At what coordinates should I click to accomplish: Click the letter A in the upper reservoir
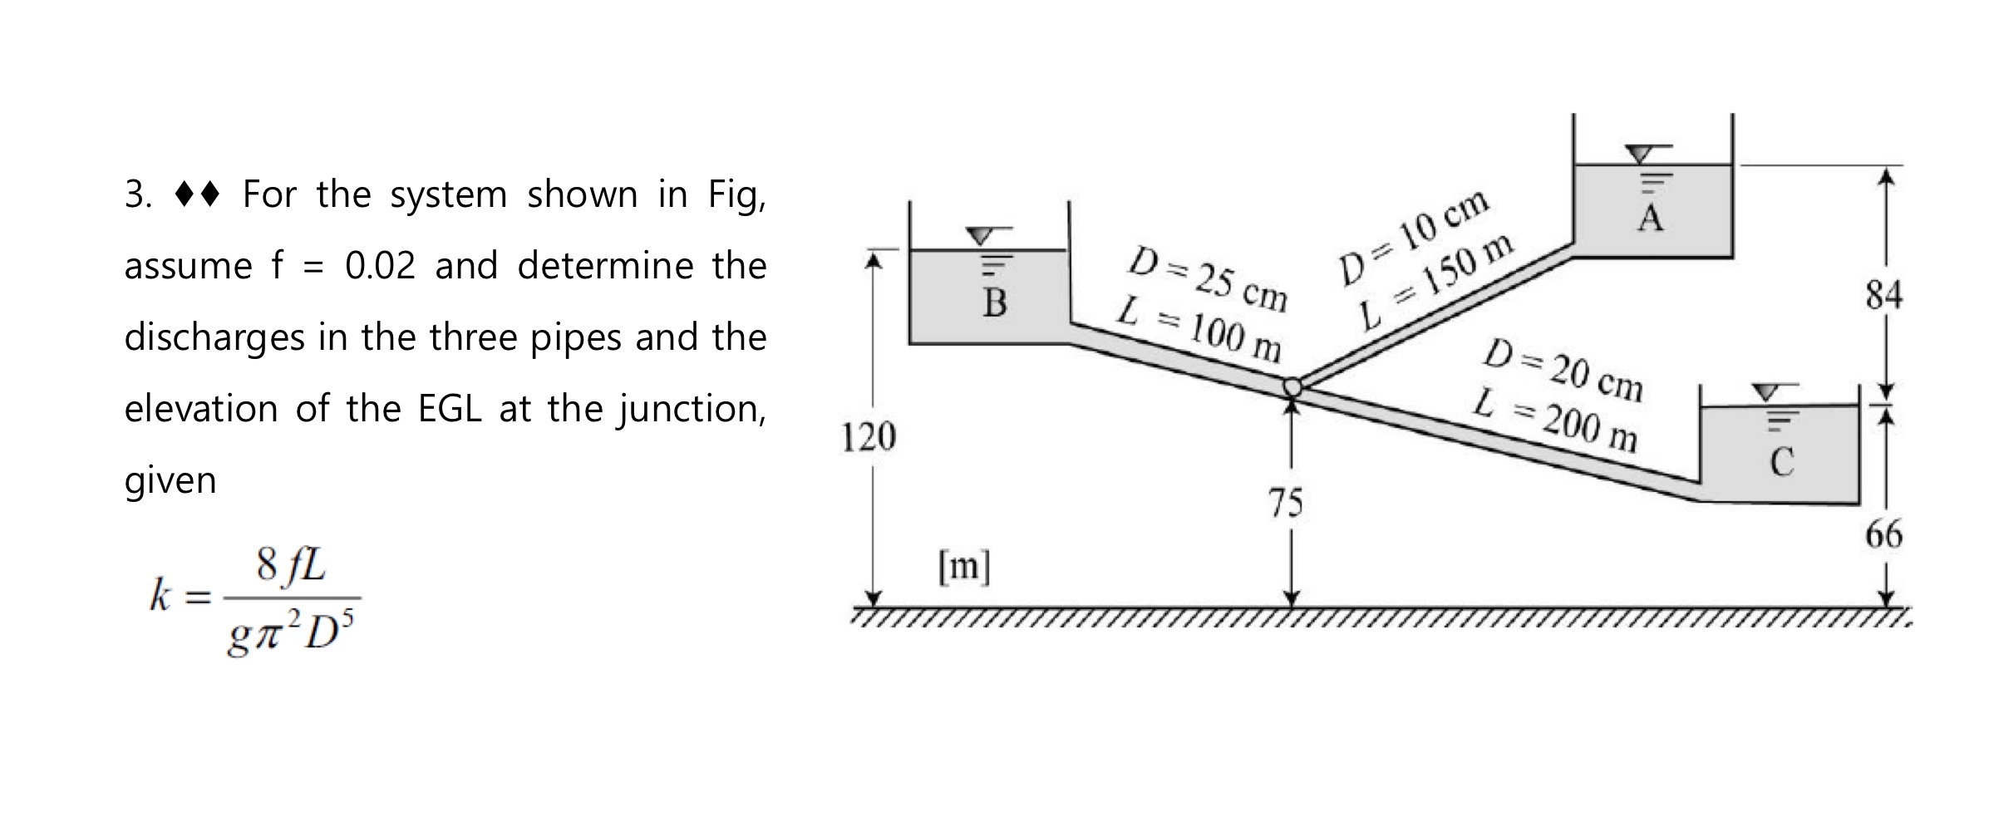[1650, 219]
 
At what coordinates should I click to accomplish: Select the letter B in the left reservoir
[994, 303]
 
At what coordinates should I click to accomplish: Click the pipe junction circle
[1292, 386]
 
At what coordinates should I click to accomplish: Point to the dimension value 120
[869, 437]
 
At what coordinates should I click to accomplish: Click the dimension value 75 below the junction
[1286, 504]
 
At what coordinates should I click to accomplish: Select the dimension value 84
[1883, 295]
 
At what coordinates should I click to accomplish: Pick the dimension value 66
[1883, 534]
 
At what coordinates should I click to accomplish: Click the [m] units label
[964, 568]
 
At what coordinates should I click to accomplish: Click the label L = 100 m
[1199, 330]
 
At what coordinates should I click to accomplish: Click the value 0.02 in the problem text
[380, 266]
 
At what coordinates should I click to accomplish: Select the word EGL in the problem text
[450, 409]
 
